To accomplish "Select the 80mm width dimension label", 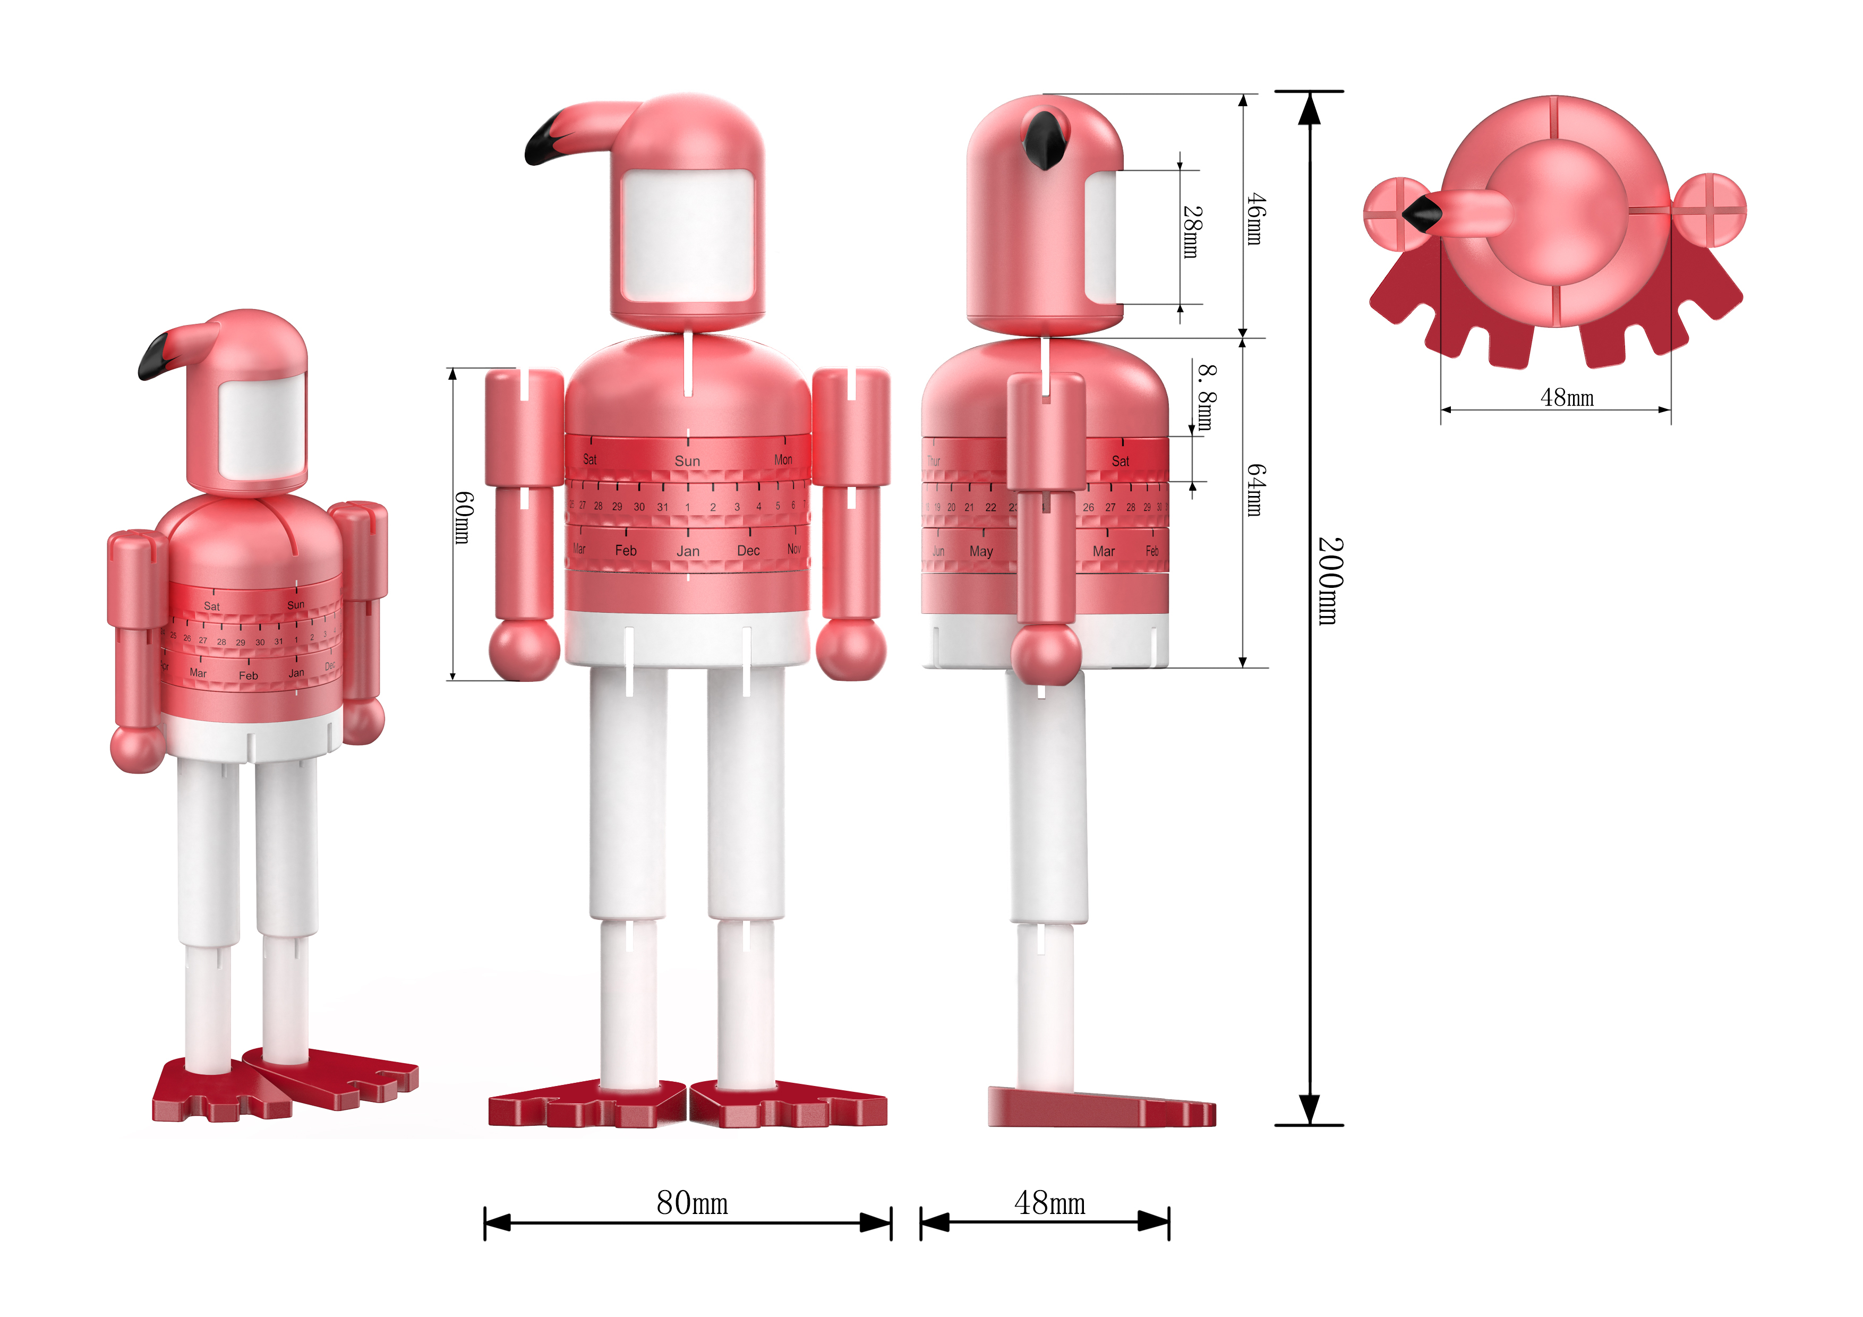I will (692, 1203).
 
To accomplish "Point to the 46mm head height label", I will (1255, 219).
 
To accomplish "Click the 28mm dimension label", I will (1191, 232).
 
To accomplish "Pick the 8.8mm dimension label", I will (1207, 398).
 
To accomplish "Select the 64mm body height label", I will (1255, 490).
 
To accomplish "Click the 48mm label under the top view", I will (1567, 398).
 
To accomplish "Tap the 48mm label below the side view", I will (1049, 1203).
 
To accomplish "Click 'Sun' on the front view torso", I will (687, 461).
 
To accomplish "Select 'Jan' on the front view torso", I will (688, 552).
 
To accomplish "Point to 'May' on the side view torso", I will (981, 552).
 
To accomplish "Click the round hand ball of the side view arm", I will (1046, 656).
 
